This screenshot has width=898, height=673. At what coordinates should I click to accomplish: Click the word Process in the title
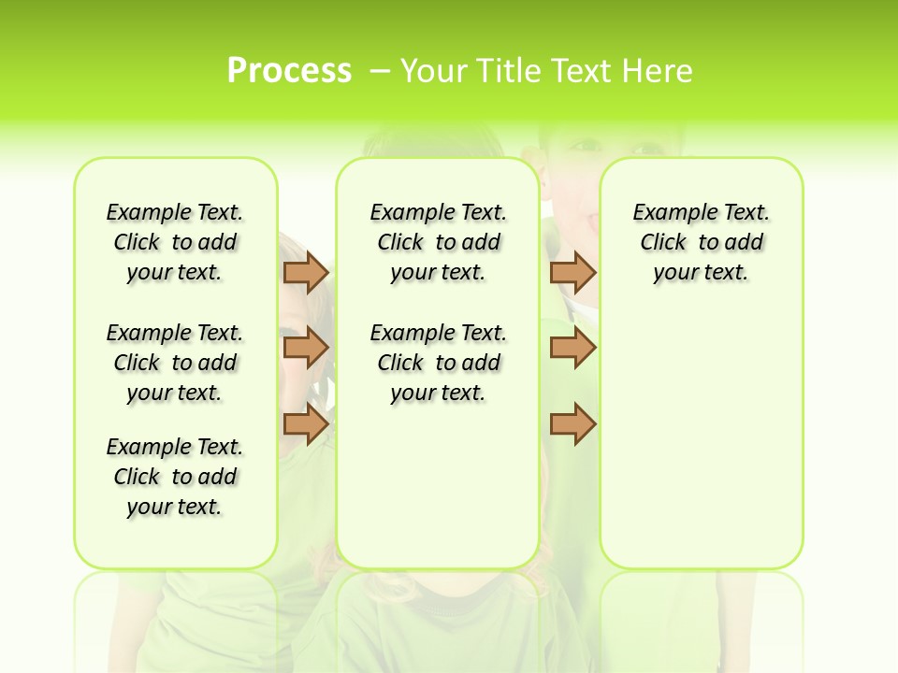pos(289,71)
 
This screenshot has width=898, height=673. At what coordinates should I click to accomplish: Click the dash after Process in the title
pos(380,71)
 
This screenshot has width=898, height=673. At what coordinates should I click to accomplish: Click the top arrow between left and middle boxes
pos(306,273)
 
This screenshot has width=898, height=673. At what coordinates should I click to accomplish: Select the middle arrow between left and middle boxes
pos(306,349)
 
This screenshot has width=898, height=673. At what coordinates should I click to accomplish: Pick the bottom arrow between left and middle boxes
pos(306,424)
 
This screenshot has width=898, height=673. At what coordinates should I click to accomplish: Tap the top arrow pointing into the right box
pos(572,273)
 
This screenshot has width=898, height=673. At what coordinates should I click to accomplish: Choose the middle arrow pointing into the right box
pos(572,349)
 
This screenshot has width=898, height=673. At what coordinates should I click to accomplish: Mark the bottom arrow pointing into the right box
pos(572,424)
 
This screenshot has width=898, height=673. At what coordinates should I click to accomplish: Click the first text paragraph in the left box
pos(175,242)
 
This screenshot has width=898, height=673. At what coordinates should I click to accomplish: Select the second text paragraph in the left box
pos(175,363)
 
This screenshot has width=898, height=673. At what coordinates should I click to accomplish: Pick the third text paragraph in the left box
pos(175,477)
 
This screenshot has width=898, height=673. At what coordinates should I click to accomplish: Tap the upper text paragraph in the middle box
pos(438,242)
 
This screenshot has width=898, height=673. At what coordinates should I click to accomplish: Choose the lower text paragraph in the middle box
pos(438,363)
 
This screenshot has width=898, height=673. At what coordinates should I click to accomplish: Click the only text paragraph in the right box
pos(701,242)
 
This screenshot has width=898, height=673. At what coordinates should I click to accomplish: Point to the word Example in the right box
pos(670,213)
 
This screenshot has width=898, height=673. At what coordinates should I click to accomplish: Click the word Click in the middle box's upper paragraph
pos(400,243)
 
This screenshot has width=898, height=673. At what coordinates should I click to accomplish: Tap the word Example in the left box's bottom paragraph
pos(143,447)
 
